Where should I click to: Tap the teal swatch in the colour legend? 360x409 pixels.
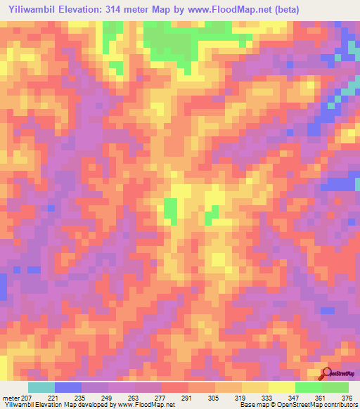pyautogui.click(x=41, y=387)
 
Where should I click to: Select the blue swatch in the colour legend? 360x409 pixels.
pyautogui.click(x=68, y=387)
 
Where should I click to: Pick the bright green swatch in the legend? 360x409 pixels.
pyautogui.click(x=308, y=387)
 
